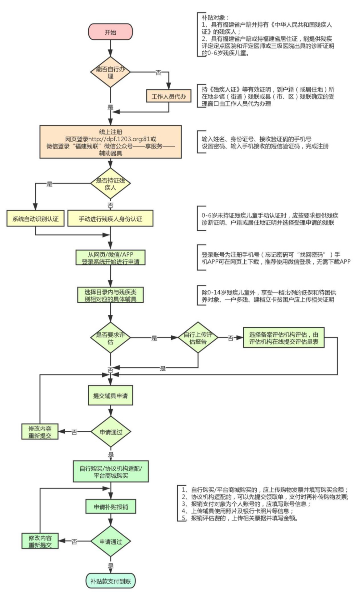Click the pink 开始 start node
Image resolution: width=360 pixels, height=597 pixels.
tap(110, 32)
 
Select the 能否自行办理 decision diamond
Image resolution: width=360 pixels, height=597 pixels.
tap(110, 72)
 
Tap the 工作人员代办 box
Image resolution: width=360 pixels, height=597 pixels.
tap(169, 96)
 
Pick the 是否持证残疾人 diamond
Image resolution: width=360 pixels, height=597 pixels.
tap(110, 184)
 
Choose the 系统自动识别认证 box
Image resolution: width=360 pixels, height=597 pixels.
tap(35, 219)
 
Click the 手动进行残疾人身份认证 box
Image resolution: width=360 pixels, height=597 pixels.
tap(110, 219)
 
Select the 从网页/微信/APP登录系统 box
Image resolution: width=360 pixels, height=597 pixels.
tap(110, 258)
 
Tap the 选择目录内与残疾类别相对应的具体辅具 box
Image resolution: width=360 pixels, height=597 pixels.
tap(110, 295)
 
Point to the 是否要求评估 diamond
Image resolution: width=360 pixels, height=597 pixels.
tap(110, 338)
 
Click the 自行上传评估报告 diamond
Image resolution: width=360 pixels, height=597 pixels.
tap(198, 338)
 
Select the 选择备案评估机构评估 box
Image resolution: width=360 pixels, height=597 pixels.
tap(284, 338)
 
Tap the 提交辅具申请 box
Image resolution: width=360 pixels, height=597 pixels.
tap(110, 396)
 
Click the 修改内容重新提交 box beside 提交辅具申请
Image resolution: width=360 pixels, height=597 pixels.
tap(40, 432)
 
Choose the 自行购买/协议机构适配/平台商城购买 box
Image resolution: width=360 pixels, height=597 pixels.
tap(110, 472)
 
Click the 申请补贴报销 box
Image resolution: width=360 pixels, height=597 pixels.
tap(110, 507)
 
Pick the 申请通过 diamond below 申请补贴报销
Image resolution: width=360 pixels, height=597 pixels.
tap(110, 541)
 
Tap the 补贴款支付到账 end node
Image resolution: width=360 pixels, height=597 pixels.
tap(110, 581)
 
